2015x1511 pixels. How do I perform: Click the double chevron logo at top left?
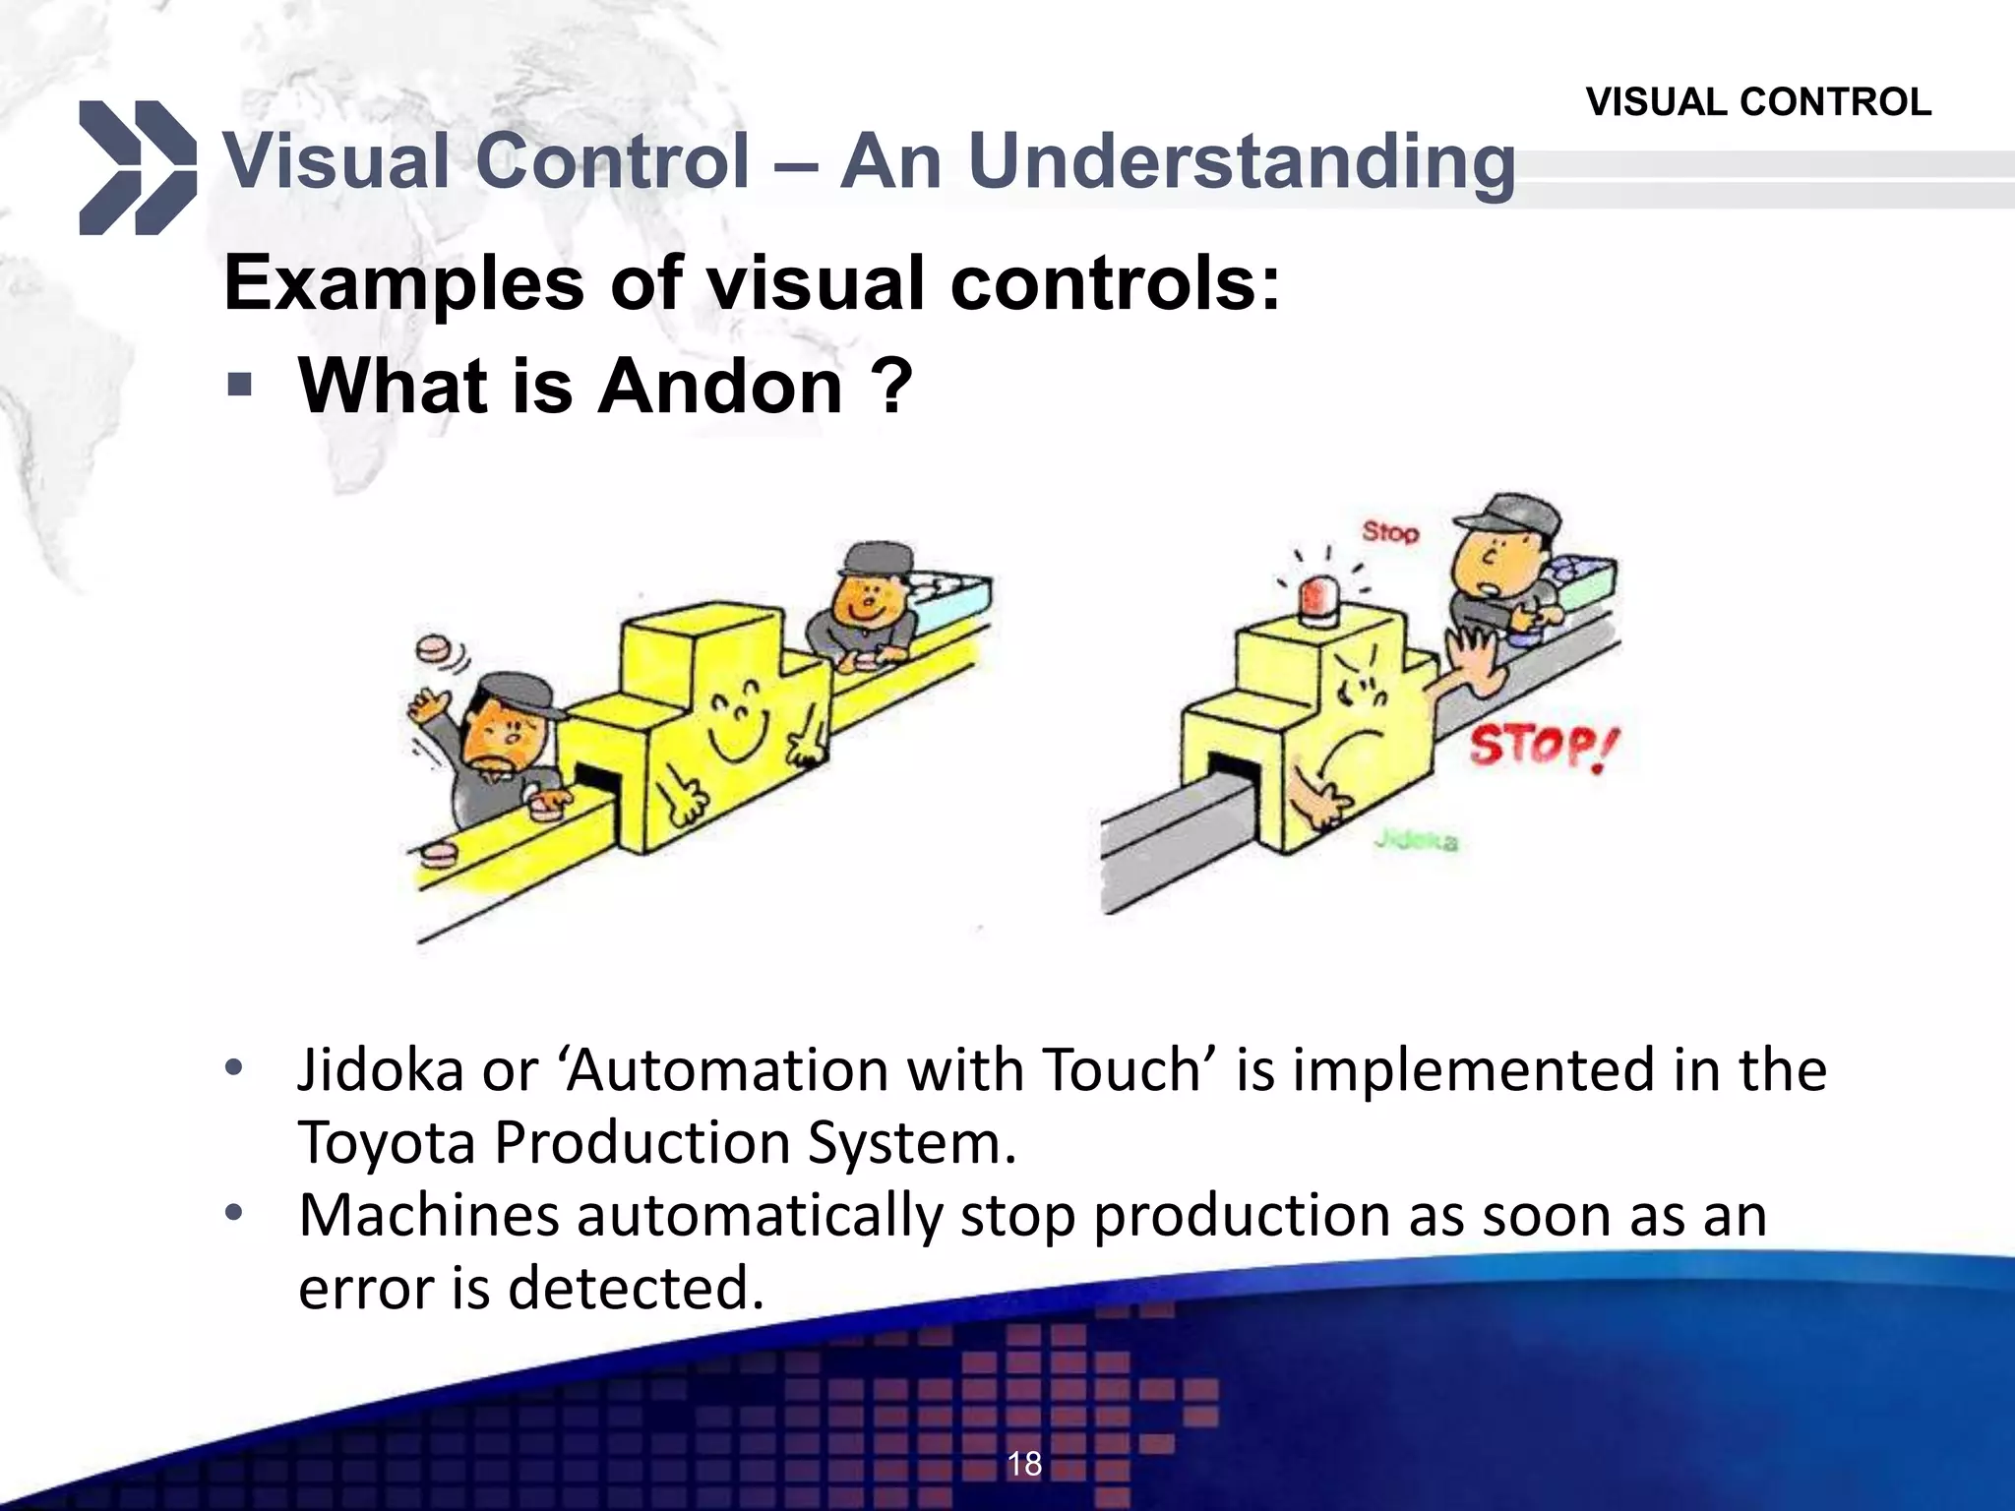pyautogui.click(x=138, y=167)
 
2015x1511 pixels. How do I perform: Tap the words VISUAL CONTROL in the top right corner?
pyautogui.click(x=1758, y=102)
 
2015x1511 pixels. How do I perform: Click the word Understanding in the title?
pyautogui.click(x=1241, y=161)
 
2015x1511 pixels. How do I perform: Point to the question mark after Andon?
pyautogui.click(x=891, y=386)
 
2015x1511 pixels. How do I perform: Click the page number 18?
pyautogui.click(x=1023, y=1464)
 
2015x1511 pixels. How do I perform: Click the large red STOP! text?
pyautogui.click(x=1542, y=748)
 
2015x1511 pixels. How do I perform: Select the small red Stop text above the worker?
pyautogui.click(x=1390, y=532)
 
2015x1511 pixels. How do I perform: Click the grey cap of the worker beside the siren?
pyautogui.click(x=1505, y=517)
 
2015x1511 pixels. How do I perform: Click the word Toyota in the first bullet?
pyautogui.click(x=386, y=1143)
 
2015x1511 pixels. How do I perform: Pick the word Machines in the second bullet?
pyautogui.click(x=428, y=1216)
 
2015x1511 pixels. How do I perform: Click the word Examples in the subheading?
pyautogui.click(x=403, y=283)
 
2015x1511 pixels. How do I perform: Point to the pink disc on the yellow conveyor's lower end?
pyautogui.click(x=437, y=853)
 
